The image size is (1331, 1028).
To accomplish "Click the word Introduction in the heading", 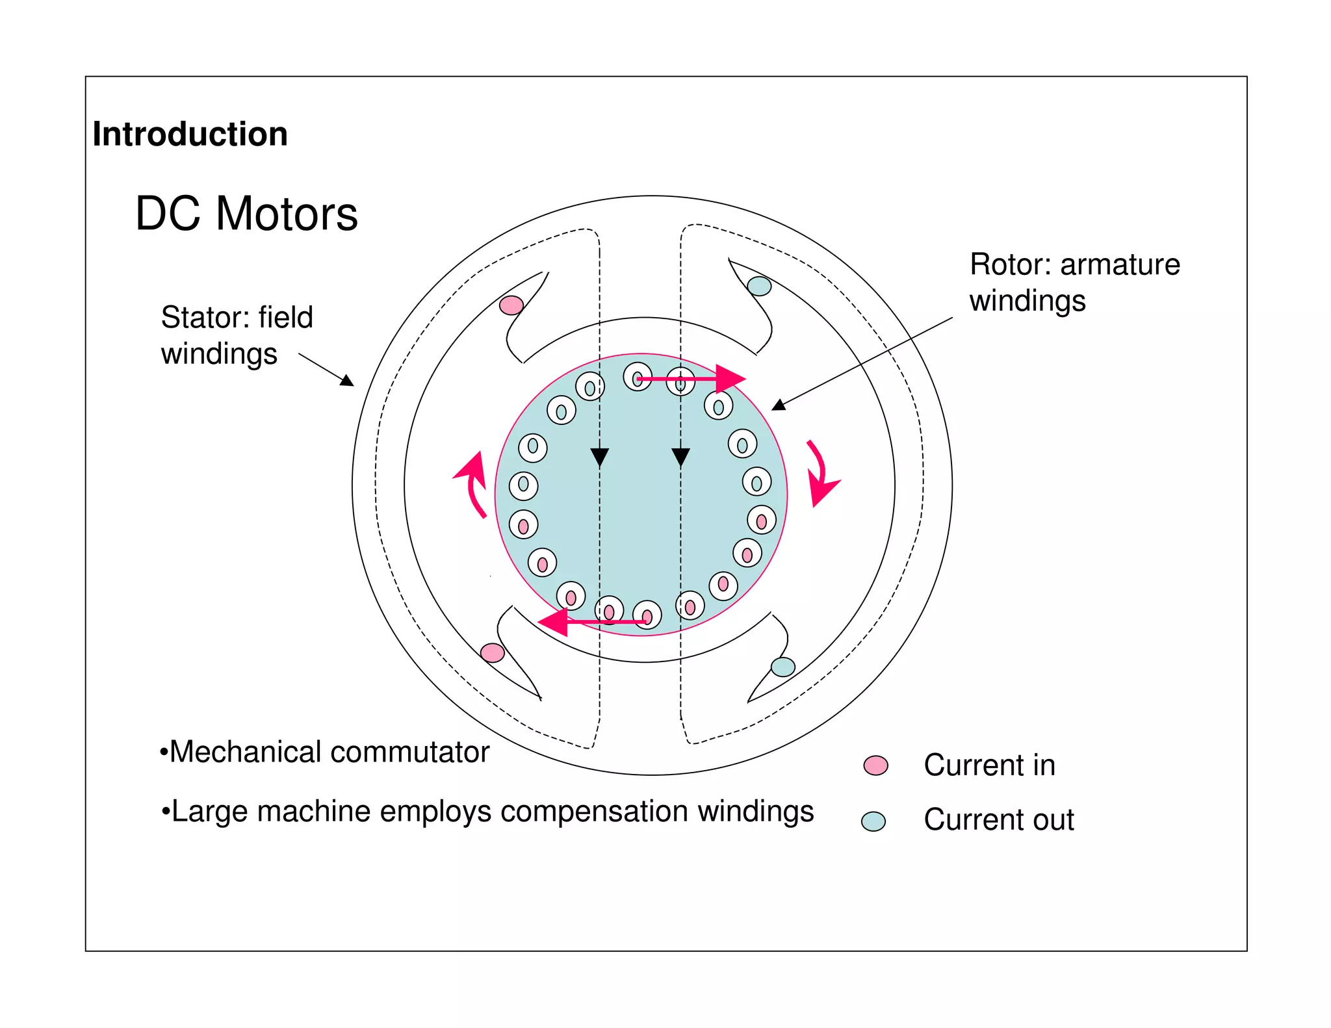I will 190,135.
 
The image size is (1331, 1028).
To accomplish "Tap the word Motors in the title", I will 287,214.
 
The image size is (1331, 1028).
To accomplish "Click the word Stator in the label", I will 205,318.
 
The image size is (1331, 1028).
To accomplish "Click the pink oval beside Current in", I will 875,765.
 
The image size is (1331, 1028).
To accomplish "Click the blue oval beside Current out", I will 873,821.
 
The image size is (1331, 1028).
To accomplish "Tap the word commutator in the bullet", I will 409,752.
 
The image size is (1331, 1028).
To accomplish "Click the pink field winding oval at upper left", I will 511,305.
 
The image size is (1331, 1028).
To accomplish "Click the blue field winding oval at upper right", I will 759,286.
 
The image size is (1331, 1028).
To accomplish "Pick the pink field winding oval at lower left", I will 492,652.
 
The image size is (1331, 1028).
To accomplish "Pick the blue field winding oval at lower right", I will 782,667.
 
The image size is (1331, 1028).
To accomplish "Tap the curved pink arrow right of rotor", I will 820,475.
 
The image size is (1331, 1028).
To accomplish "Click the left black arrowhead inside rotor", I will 599,457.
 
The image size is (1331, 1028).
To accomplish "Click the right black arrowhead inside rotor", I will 680,457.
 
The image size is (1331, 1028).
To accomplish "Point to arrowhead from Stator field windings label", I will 347,381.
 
